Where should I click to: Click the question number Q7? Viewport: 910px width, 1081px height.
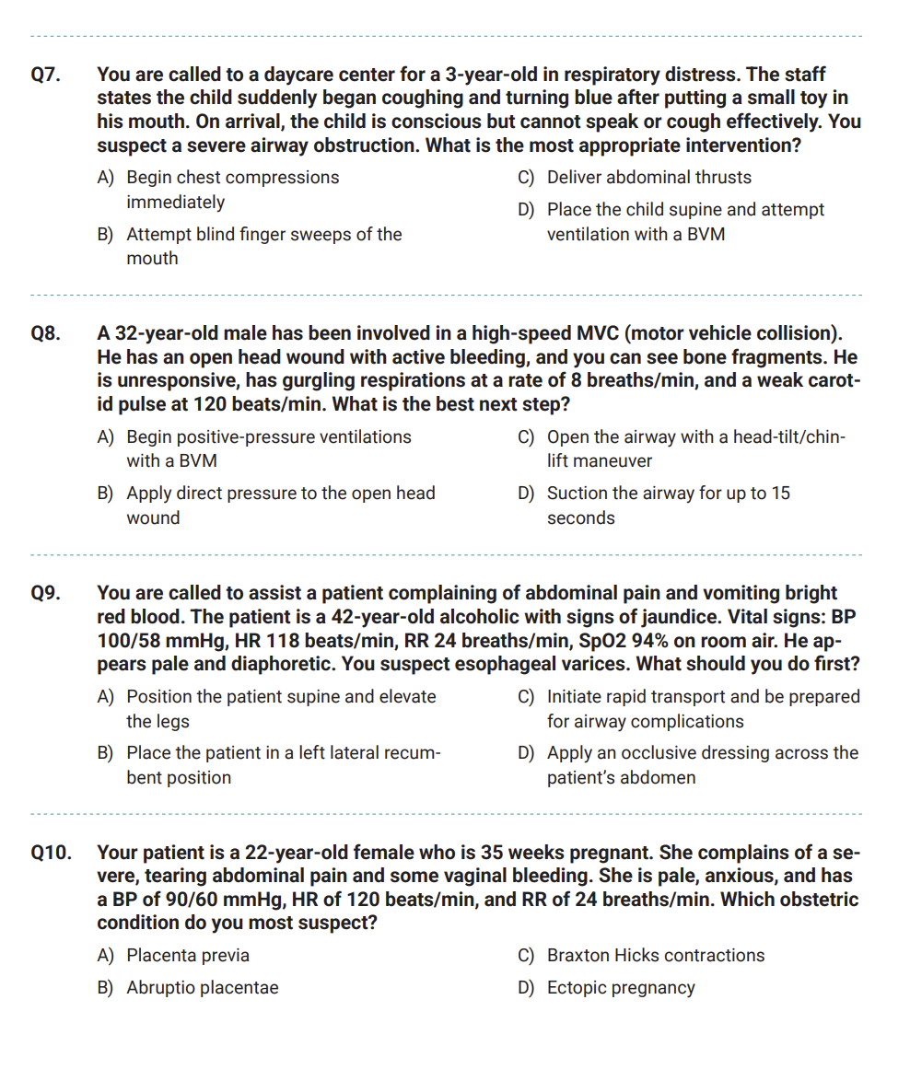coord(46,75)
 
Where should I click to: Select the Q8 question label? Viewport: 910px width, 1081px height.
coord(46,333)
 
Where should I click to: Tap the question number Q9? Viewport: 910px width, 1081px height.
coord(46,593)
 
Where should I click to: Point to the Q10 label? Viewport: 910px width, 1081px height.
coord(52,853)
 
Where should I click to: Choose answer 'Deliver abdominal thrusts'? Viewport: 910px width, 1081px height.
coord(648,178)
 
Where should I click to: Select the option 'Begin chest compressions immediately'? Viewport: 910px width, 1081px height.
coord(232,190)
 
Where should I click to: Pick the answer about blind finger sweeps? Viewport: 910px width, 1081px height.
coord(263,246)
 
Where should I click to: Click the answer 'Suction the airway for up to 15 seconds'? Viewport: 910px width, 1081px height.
coord(668,506)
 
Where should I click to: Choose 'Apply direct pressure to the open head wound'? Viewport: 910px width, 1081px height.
coord(280,506)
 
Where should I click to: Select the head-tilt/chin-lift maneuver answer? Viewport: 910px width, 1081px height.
coord(695,448)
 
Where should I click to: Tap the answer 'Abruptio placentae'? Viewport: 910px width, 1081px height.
coord(202,988)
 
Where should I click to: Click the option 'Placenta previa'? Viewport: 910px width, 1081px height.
coord(188,956)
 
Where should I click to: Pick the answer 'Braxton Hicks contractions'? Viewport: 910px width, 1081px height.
coord(655,956)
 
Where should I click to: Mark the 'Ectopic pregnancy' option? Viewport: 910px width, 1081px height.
coord(621,988)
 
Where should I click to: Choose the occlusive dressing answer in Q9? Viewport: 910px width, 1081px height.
coord(702,765)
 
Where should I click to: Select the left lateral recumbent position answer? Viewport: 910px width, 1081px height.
coord(283,765)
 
